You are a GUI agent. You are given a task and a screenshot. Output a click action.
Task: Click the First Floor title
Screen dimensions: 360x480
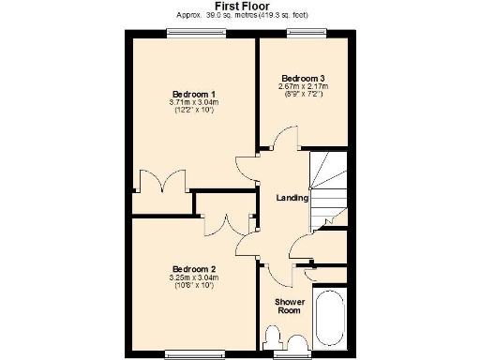(x=241, y=6)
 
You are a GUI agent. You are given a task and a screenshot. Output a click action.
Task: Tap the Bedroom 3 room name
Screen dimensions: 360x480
(x=304, y=78)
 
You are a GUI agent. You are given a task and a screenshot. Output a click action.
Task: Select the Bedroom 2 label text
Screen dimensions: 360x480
(x=193, y=268)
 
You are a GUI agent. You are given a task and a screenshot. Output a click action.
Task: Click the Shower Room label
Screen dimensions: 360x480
(x=288, y=306)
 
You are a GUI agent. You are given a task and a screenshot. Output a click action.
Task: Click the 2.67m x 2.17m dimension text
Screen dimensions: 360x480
(x=304, y=87)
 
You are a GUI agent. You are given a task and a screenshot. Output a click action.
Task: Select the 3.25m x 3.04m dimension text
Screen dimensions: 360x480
(x=193, y=277)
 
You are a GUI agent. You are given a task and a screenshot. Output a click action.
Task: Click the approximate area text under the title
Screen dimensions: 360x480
(x=241, y=16)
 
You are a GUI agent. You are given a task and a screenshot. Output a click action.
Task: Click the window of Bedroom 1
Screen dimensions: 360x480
(x=191, y=34)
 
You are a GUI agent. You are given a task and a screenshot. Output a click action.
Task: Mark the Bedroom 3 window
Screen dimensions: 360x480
(x=304, y=34)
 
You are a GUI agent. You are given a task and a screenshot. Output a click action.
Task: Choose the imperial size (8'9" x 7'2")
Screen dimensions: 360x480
(x=304, y=96)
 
